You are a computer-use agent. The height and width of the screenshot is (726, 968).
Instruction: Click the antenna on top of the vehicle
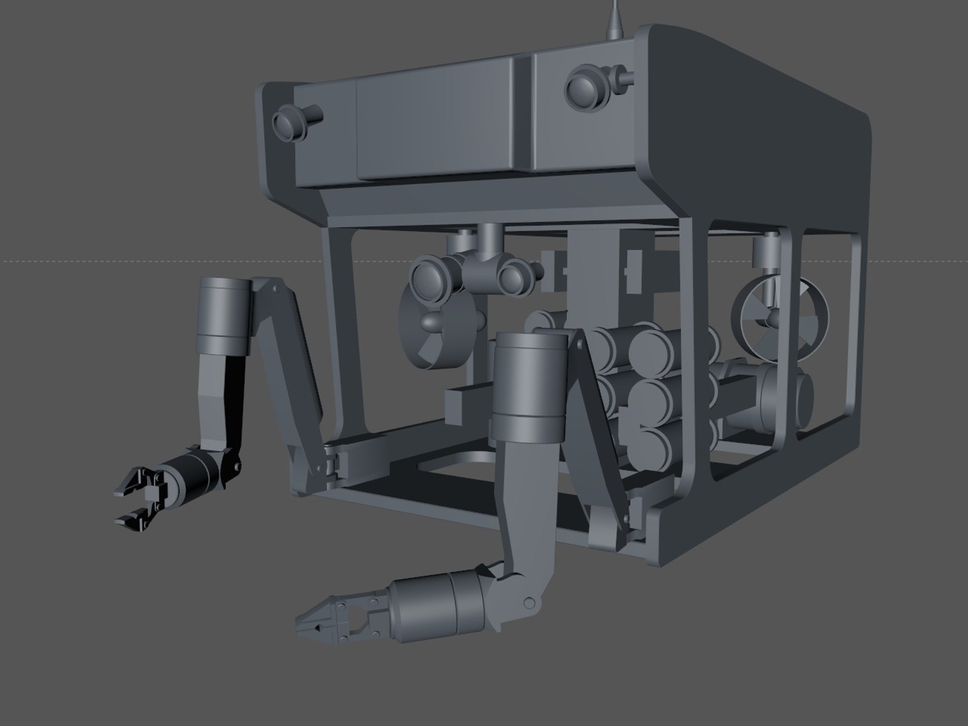(614, 20)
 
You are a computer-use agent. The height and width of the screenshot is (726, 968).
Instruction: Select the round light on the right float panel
(583, 87)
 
